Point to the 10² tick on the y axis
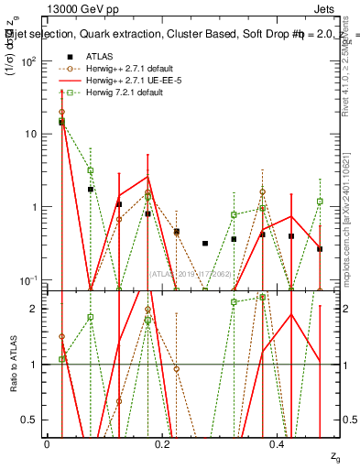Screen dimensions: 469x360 [29, 61]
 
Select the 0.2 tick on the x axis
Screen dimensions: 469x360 [163, 442]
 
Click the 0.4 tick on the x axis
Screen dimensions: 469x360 [278, 442]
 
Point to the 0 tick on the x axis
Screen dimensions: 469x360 [47, 442]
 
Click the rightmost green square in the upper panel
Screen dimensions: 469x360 [320, 202]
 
